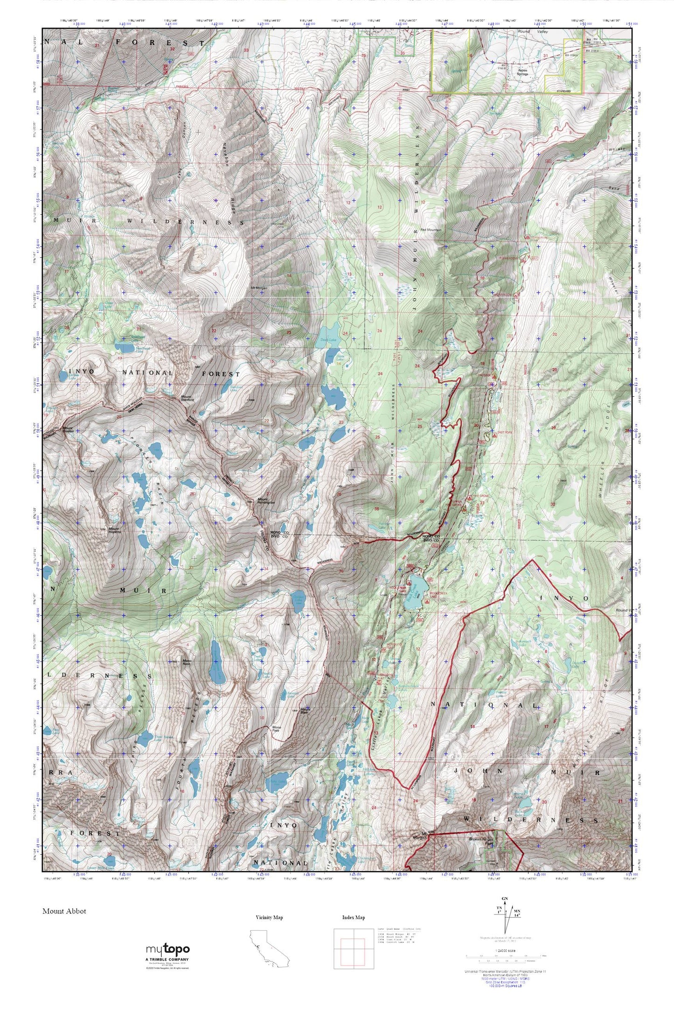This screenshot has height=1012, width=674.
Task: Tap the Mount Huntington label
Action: (266, 500)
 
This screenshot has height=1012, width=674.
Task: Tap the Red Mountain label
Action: (431, 230)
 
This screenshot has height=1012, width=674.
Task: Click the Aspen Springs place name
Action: (522, 72)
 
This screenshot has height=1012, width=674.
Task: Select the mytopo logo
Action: (168, 949)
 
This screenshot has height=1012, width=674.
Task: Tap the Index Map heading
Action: (354, 917)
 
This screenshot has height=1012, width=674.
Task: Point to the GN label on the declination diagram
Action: (504, 899)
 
